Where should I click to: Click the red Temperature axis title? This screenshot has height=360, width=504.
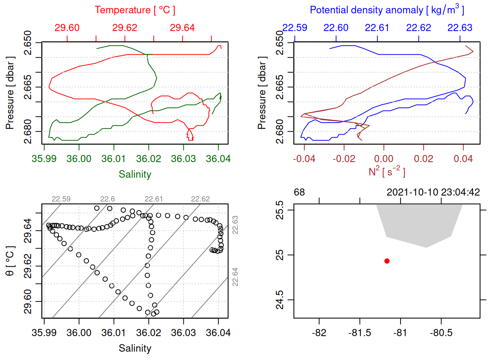tap(135, 10)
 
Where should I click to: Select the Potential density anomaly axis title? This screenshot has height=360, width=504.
tap(387, 10)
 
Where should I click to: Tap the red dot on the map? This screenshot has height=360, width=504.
tap(387, 261)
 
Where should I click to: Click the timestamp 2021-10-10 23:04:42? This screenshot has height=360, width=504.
tap(433, 192)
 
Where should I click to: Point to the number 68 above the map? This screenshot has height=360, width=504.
tap(299, 192)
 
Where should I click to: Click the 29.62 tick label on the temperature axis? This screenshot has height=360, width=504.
tap(124, 28)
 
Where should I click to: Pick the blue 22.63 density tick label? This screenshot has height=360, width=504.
tap(460, 28)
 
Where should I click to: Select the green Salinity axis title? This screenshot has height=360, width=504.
tap(135, 174)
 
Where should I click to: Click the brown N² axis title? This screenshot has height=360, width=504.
tap(387, 172)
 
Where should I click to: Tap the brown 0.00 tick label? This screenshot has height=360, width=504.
tap(384, 159)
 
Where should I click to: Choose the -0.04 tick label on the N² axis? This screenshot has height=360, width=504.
tap(304, 159)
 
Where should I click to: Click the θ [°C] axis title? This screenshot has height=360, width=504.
tap(10, 261)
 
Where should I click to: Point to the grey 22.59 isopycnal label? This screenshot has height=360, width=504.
tap(61, 199)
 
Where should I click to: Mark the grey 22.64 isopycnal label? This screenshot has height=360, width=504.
tap(235, 277)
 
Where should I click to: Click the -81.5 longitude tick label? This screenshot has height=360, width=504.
tap(360, 333)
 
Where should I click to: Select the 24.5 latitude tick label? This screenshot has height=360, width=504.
tap(280, 300)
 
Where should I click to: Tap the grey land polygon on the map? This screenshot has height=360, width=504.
tap(419, 223)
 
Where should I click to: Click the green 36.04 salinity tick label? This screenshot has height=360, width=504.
tap(218, 159)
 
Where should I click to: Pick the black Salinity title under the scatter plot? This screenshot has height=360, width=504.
tap(135, 348)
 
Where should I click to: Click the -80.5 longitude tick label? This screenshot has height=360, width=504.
tap(441, 333)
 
